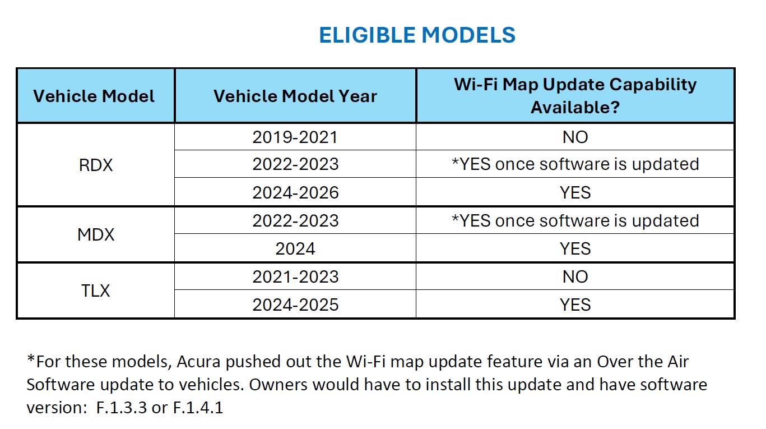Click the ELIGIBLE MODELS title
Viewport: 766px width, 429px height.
tap(417, 35)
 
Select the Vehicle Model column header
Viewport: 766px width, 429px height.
tap(94, 96)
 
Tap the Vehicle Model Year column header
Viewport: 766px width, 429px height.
tap(295, 96)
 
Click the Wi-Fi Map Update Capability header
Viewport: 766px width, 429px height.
tap(575, 95)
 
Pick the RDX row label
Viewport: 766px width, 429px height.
tap(96, 165)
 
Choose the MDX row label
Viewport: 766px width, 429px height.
tap(96, 234)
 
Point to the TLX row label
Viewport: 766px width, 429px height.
tap(96, 291)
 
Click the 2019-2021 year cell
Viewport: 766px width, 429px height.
tap(295, 137)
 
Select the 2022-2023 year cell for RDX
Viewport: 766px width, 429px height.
tap(295, 164)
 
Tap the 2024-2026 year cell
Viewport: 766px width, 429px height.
tap(295, 192)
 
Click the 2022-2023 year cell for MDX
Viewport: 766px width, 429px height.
tap(295, 220)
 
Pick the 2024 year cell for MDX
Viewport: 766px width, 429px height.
tap(295, 249)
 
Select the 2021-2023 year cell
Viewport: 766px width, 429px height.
tap(295, 277)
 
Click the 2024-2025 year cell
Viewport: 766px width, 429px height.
tap(295, 305)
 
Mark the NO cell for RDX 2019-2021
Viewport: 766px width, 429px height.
tap(575, 137)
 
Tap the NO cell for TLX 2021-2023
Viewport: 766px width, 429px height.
tap(575, 277)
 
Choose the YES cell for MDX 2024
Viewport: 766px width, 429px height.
tap(575, 249)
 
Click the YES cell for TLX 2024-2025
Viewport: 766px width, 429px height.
tap(575, 305)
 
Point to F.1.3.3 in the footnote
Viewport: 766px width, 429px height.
tap(122, 408)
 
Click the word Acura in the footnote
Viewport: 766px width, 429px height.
tap(198, 362)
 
